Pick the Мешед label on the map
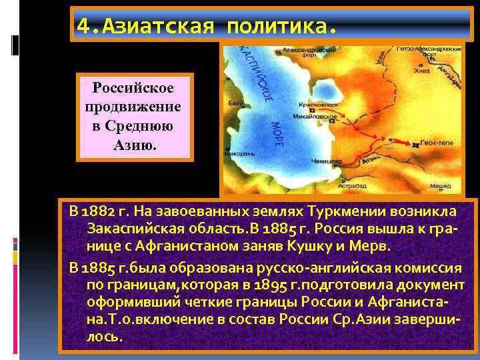[440, 187]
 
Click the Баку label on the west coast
[235, 104]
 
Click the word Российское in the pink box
[135, 88]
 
